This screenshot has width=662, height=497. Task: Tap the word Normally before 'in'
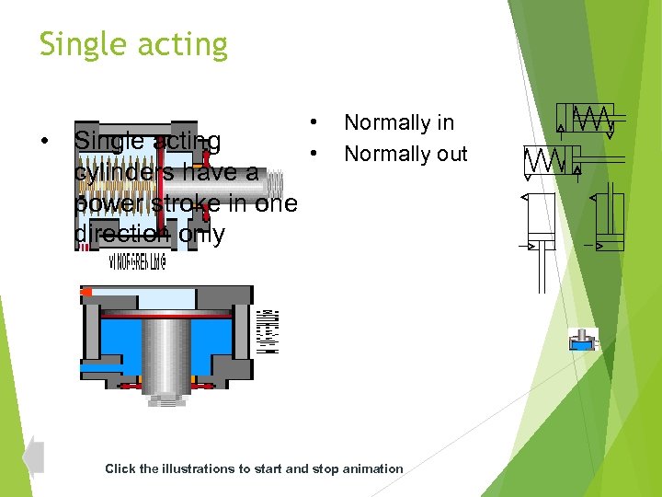[386, 122]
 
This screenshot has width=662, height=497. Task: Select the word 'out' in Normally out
[451, 154]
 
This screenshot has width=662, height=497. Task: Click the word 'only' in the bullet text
[201, 235]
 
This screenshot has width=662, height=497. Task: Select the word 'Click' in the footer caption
[120, 468]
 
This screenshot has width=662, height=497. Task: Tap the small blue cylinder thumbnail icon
[582, 339]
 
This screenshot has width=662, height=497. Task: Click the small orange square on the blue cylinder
[87, 293]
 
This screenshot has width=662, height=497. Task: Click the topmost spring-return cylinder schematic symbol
[588, 120]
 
